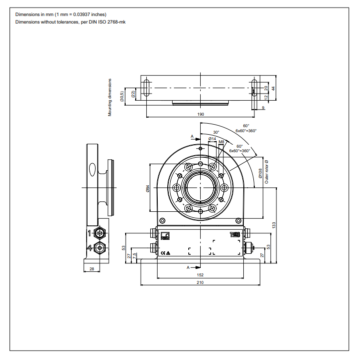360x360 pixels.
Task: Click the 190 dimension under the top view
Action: click(201, 115)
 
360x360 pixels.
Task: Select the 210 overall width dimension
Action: click(200, 282)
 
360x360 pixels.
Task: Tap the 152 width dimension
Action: click(200, 274)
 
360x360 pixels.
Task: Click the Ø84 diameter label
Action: click(148, 188)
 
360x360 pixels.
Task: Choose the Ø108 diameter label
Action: click(260, 173)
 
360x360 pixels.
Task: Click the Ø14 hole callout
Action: click(212, 139)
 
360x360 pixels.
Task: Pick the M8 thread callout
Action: click(221, 142)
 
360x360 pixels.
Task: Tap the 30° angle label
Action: click(216, 132)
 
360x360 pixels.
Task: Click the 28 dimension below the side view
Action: click(91, 269)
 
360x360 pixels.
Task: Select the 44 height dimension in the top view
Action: click(273, 88)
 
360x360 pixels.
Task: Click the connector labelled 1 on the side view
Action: click(100, 233)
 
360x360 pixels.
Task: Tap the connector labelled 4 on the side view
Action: click(100, 247)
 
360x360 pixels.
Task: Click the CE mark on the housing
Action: click(164, 252)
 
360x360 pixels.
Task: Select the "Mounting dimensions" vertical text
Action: click(110, 97)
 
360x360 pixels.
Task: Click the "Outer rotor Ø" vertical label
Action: click(266, 172)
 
